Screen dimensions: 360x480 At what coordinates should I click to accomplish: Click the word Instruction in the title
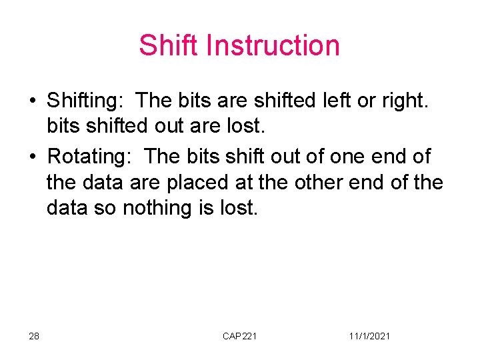click(x=273, y=45)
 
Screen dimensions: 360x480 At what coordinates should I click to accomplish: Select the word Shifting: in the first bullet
click(x=85, y=101)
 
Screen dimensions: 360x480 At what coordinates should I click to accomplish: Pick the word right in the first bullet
click(x=403, y=101)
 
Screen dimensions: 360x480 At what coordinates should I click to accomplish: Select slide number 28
click(x=34, y=336)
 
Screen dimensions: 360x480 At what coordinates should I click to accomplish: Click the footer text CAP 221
click(x=239, y=336)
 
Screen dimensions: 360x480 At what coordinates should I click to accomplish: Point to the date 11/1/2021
click(x=369, y=336)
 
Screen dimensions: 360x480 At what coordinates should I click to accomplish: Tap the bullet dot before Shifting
click(x=32, y=101)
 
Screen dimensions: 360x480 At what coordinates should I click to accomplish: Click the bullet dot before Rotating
click(x=32, y=157)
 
